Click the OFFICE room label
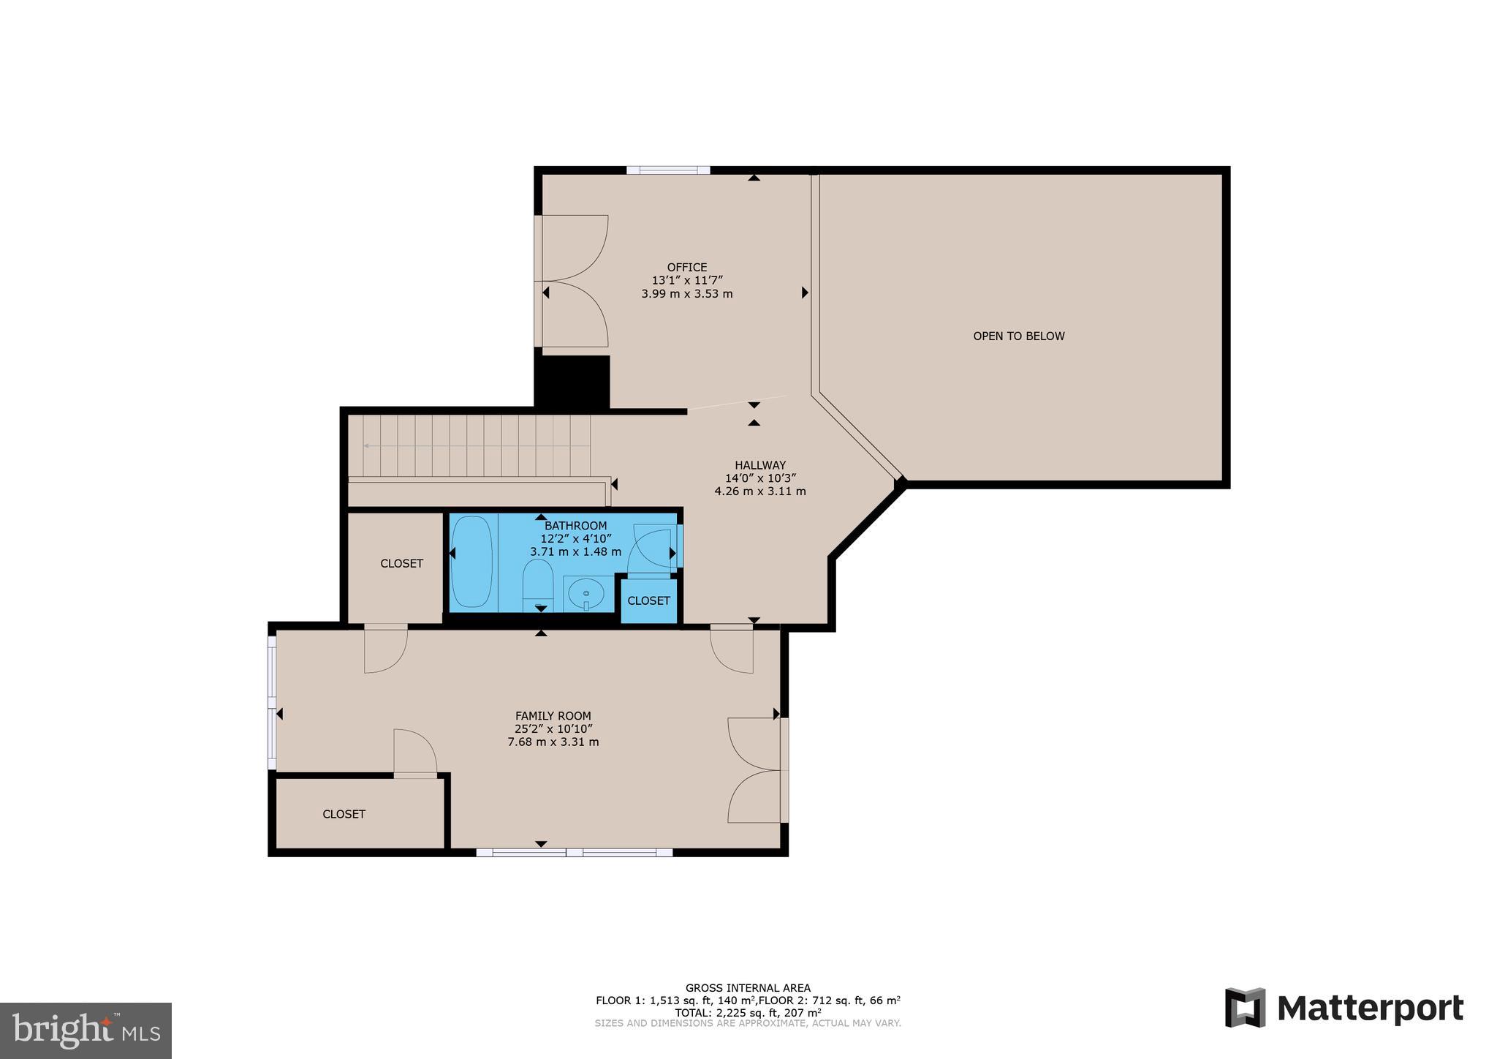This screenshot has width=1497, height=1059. click(x=686, y=268)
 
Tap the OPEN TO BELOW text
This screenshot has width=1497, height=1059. click(x=1018, y=336)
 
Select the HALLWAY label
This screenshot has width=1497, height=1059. click(x=760, y=465)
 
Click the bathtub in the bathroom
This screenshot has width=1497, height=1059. click(x=471, y=562)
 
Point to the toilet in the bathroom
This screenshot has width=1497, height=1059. click(x=538, y=584)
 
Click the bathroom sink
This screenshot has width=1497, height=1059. click(x=585, y=593)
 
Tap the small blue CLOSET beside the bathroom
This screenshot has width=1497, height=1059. click(x=648, y=600)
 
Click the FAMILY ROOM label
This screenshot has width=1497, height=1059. click(x=553, y=716)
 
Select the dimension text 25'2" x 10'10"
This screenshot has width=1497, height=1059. click(x=553, y=729)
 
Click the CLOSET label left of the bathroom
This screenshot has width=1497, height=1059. click(x=401, y=564)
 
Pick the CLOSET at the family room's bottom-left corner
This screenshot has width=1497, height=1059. click(x=344, y=814)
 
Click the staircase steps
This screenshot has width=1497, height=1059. click(x=475, y=445)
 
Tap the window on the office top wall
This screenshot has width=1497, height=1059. click(x=667, y=170)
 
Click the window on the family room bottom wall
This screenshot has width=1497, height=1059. click(x=574, y=852)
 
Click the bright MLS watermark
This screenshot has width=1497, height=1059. click(x=86, y=1030)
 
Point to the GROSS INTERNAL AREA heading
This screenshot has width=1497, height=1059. click(x=747, y=988)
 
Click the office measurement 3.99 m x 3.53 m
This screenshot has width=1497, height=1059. click(x=686, y=294)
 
